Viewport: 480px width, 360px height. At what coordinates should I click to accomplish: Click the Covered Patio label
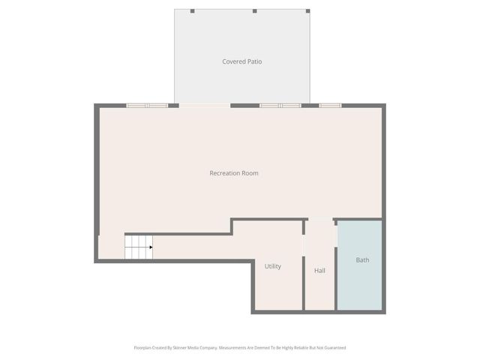[x=241, y=61]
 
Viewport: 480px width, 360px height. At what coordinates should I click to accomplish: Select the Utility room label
[x=272, y=266]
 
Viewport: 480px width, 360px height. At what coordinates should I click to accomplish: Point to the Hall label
[x=319, y=271]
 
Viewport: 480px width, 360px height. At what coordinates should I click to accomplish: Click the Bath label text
[x=362, y=260]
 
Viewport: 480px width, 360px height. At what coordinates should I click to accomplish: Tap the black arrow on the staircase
[x=151, y=247]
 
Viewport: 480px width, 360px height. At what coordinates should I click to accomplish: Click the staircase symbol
[x=138, y=247]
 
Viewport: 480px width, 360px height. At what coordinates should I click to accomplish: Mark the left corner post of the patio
[x=192, y=10]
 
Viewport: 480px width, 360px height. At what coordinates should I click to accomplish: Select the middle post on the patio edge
[x=254, y=10]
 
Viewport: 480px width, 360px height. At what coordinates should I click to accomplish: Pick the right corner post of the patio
[x=307, y=10]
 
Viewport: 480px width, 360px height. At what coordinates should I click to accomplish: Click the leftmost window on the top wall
[x=147, y=106]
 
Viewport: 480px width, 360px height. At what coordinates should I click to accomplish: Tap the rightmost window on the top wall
[x=330, y=106]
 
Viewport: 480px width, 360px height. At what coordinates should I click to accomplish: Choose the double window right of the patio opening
[x=280, y=106]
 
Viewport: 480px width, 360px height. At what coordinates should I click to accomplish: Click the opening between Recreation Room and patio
[x=204, y=106]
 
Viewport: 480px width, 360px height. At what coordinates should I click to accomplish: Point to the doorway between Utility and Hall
[x=304, y=244]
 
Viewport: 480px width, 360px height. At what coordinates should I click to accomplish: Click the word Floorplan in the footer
[x=142, y=348]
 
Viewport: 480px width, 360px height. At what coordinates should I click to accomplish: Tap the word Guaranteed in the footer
[x=333, y=348]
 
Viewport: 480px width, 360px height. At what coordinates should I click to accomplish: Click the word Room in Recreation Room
[x=250, y=173]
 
